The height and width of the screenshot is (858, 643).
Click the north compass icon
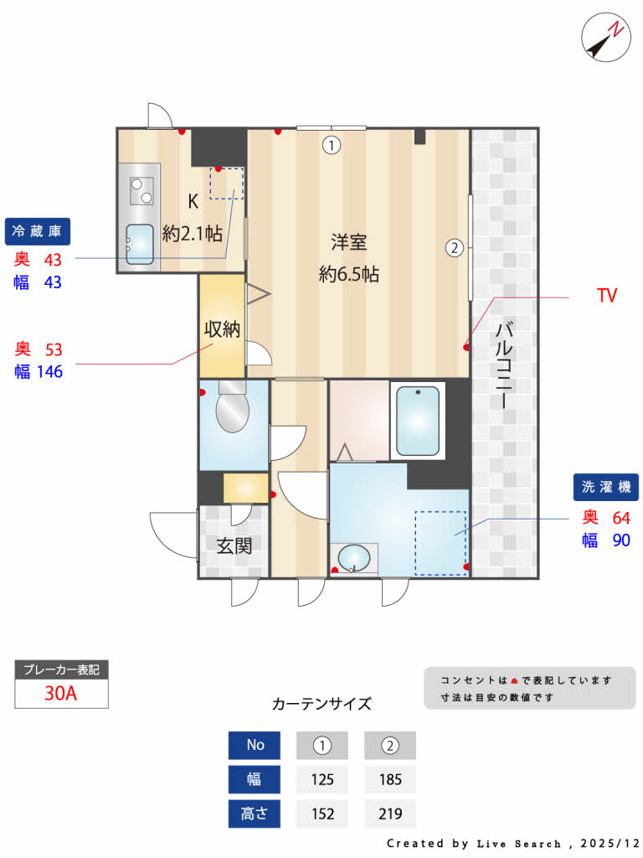click(x=605, y=38)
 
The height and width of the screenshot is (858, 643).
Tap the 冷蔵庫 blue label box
click(x=39, y=230)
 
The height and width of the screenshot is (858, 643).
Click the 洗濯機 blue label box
click(x=605, y=487)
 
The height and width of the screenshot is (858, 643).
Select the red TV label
click(x=606, y=296)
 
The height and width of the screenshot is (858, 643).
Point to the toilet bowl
click(x=232, y=411)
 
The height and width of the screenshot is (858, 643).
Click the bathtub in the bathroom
click(x=418, y=421)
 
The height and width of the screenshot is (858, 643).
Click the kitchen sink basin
click(x=140, y=245)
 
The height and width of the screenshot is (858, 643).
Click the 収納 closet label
click(x=223, y=329)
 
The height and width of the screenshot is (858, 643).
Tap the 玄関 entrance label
click(x=234, y=546)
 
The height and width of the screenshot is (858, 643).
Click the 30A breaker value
click(x=61, y=694)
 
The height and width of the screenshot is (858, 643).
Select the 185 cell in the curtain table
click(x=389, y=779)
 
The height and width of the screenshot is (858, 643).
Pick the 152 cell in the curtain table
click(x=322, y=814)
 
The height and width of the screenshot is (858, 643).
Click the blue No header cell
click(x=255, y=745)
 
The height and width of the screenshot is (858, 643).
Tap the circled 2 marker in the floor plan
click(x=454, y=247)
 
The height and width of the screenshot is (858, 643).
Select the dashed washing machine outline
click(x=441, y=543)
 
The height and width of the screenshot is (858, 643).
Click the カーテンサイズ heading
click(x=321, y=704)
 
